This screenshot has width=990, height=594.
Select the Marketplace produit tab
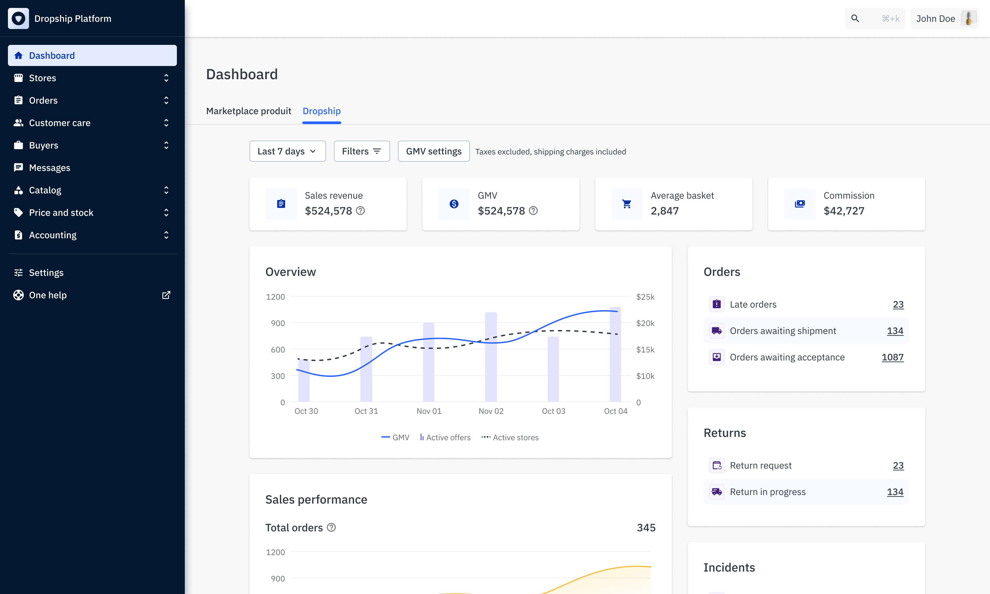(x=248, y=111)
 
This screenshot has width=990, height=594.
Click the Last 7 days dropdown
(x=287, y=151)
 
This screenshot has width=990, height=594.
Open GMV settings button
(x=434, y=151)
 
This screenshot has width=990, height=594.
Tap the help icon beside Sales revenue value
(x=361, y=211)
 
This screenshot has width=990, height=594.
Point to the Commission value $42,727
(x=844, y=211)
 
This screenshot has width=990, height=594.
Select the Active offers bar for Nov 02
(x=491, y=357)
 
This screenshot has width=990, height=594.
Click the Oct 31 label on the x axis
(x=366, y=411)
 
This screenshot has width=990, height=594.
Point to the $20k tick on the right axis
(x=645, y=323)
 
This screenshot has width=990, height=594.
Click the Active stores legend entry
(x=510, y=438)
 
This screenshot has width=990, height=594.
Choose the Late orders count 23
(x=898, y=305)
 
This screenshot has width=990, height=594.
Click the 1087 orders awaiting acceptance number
(x=892, y=357)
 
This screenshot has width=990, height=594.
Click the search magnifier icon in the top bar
(x=855, y=18)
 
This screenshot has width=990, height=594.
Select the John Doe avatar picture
(x=969, y=18)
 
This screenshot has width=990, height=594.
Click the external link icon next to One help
(x=166, y=295)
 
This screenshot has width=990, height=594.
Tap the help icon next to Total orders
(x=331, y=528)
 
